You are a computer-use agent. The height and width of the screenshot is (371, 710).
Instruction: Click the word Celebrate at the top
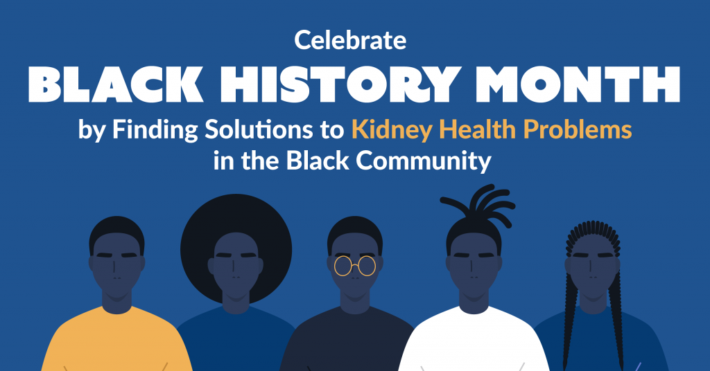coord(350,40)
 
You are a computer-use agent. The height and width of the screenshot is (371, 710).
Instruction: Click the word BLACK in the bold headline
coord(116,84)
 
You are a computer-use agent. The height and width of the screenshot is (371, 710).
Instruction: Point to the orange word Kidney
coord(392,131)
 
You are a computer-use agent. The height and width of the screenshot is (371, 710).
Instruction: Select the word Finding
coord(155,131)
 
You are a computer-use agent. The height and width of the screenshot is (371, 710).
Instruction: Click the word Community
coord(424,161)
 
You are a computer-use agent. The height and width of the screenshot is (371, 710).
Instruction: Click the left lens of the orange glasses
coord(343,266)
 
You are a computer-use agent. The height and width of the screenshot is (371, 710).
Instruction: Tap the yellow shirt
coord(116,340)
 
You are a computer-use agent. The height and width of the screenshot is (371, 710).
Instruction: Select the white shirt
coord(474,340)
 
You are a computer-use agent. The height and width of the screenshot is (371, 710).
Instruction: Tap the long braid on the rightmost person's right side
coord(616,316)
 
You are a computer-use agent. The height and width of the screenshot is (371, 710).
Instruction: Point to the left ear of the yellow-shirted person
coord(92,264)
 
